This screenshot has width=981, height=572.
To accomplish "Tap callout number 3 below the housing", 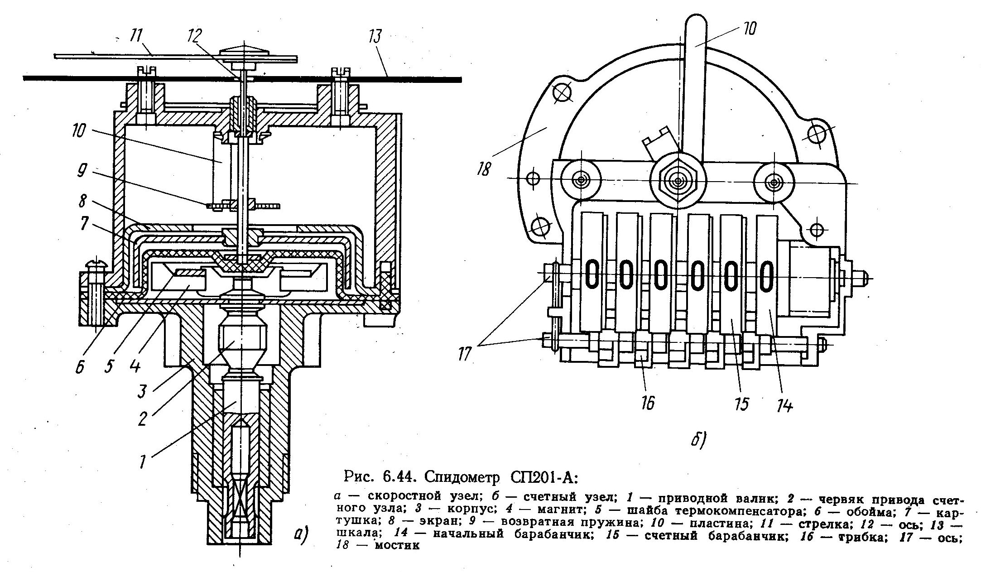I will point(142,390).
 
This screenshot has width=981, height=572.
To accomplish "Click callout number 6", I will point(80,366).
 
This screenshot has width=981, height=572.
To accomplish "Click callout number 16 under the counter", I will point(649,402).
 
